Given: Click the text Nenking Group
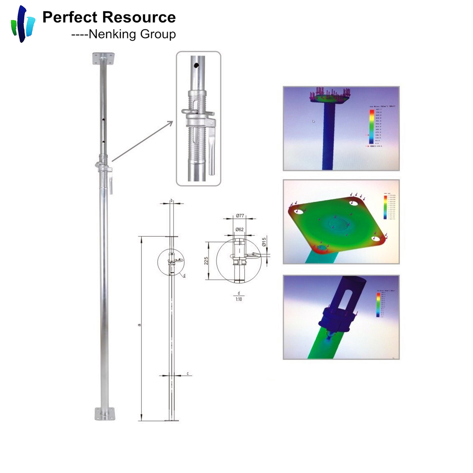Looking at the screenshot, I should pyautogui.click(x=132, y=34).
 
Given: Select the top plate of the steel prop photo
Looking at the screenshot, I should pyautogui.click(x=104, y=58).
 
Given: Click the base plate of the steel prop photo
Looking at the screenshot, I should pyautogui.click(x=104, y=414).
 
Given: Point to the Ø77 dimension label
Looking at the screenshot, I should pyautogui.click(x=239, y=216).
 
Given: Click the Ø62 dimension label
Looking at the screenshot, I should pyautogui.click(x=239, y=229).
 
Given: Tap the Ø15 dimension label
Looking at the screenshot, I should pyautogui.click(x=264, y=242).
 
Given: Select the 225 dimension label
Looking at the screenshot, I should pyautogui.click(x=206, y=261).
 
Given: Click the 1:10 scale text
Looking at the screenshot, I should pyautogui.click(x=239, y=299).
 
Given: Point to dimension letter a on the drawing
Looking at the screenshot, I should pyautogui.click(x=140, y=325).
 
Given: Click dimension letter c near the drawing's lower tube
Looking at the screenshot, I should pyautogui.click(x=188, y=373).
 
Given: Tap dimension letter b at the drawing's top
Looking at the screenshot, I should pyautogui.click(x=171, y=201).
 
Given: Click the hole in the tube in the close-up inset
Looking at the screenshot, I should pyautogui.click(x=196, y=66).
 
